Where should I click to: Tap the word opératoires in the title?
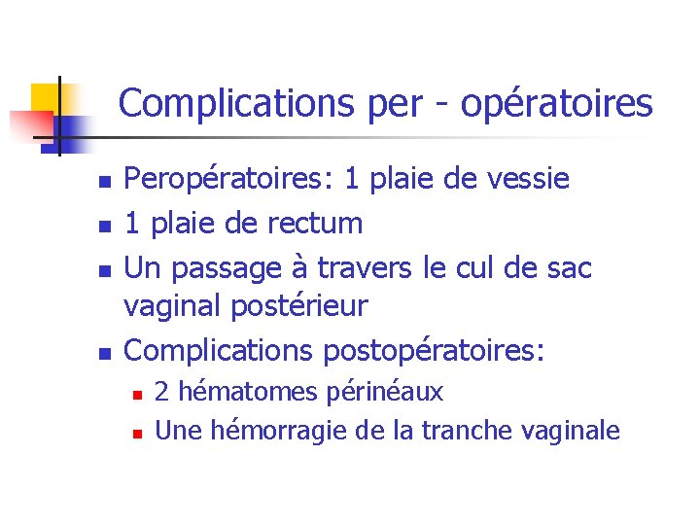pos(557,103)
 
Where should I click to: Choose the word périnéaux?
pos(383,393)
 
